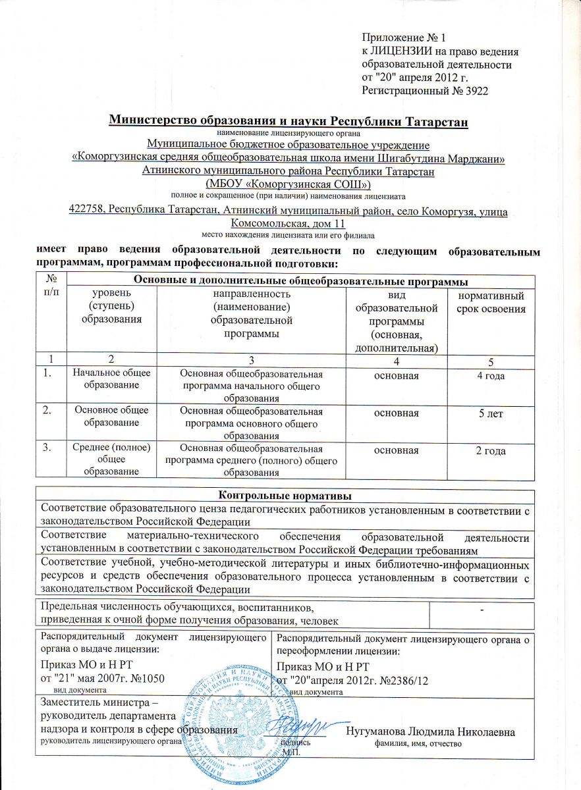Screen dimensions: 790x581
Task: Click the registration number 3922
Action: pyautogui.click(x=476, y=89)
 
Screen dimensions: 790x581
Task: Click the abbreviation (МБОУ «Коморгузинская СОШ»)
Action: pyautogui.click(x=289, y=184)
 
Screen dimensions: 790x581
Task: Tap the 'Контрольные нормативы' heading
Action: pyautogui.click(x=284, y=494)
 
